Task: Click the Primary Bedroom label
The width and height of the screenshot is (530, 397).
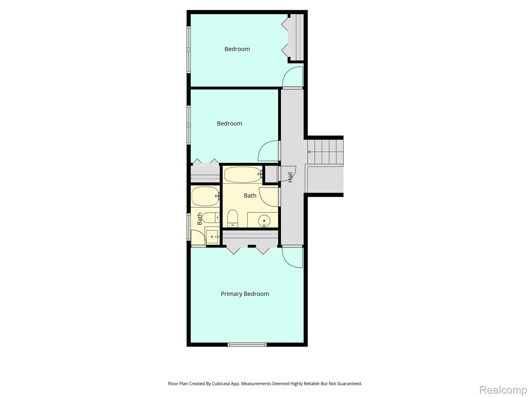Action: [x=245, y=294]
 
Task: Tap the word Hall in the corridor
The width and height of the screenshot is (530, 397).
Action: [x=290, y=177]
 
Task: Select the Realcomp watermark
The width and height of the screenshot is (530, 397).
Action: [x=503, y=390]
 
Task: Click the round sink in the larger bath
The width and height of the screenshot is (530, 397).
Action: [x=264, y=221]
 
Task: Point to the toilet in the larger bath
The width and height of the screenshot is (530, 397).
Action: [x=233, y=219]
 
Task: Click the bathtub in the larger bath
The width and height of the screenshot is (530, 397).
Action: [x=242, y=175]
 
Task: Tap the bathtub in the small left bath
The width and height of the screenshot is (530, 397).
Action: [x=205, y=196]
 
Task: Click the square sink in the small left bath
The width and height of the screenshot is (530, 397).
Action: [x=212, y=237]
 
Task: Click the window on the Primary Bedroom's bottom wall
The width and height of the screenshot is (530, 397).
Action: [x=247, y=345]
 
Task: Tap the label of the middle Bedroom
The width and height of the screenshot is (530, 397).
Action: [x=230, y=124]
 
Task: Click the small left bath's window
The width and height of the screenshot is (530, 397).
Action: [x=189, y=227]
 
